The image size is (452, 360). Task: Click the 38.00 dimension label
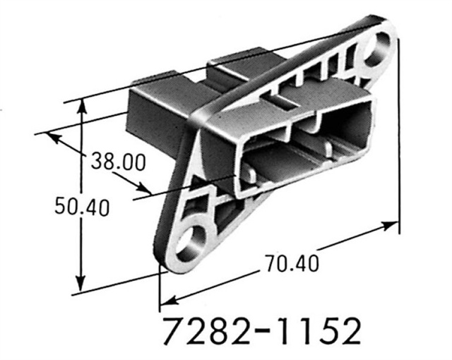point(118,162)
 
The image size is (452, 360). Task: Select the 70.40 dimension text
point(292,263)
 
